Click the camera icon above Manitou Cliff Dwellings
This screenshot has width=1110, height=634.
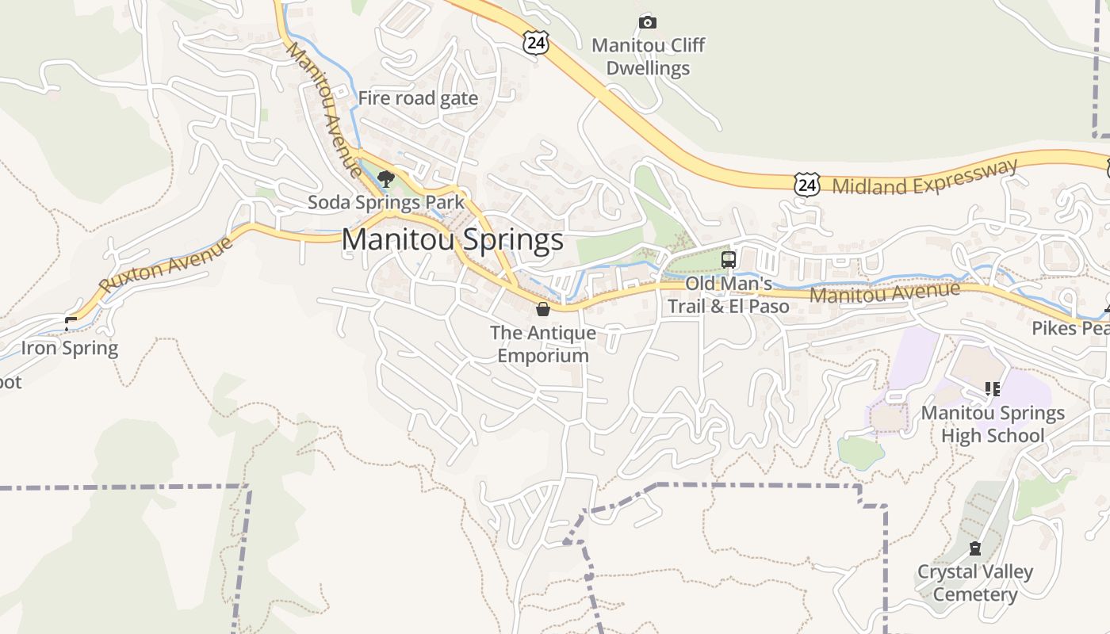648,22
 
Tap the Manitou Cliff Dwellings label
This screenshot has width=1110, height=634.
648,57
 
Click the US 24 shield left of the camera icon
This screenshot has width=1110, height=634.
536,43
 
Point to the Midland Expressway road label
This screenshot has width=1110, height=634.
924,177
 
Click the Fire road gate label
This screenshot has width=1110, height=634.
418,98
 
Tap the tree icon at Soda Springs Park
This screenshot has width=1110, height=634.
386,179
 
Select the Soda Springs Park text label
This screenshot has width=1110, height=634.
386,202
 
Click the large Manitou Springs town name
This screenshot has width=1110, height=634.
453,240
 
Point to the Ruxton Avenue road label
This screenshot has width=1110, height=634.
167,264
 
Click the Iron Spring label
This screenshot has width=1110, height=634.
70,348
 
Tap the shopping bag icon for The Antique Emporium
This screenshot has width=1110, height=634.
543,309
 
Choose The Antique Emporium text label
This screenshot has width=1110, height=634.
543,344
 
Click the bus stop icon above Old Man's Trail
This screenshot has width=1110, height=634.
728,259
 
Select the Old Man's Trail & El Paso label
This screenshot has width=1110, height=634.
728,295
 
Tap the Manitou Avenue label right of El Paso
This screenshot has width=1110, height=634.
885,293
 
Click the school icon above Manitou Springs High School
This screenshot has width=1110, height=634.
992,389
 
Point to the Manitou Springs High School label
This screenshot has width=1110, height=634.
992,424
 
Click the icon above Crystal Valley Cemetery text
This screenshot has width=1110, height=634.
975,548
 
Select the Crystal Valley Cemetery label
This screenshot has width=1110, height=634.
975,583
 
